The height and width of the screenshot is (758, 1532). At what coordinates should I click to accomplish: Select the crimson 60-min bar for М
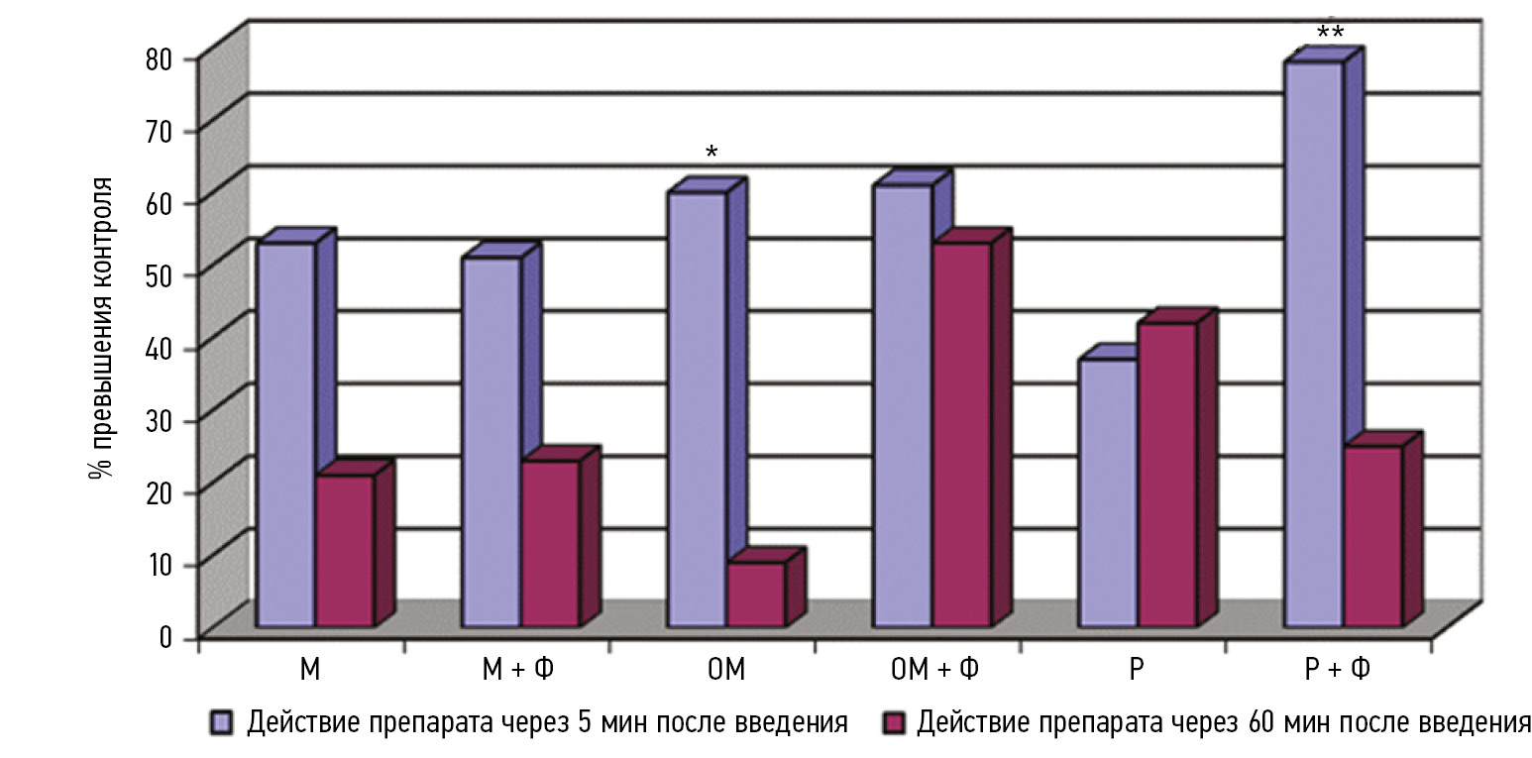(x=345, y=550)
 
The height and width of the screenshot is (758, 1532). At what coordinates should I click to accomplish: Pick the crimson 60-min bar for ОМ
(x=756, y=594)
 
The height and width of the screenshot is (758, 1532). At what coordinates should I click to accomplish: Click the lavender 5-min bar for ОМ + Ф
(x=902, y=405)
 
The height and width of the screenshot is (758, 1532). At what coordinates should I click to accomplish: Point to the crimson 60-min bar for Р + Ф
(x=1372, y=535)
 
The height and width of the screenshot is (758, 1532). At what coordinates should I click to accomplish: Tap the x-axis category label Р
(x=1136, y=671)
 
